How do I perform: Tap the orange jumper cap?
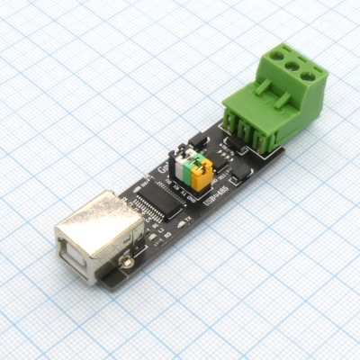204,170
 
